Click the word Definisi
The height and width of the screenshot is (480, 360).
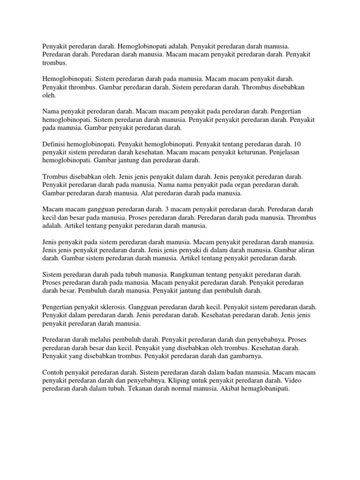click(x=53, y=144)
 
